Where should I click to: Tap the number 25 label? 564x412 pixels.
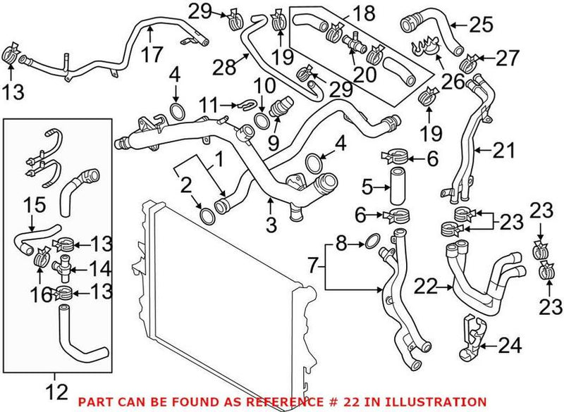click(x=482, y=25)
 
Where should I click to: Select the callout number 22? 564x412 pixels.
click(x=427, y=287)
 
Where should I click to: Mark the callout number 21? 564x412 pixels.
click(x=504, y=150)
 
